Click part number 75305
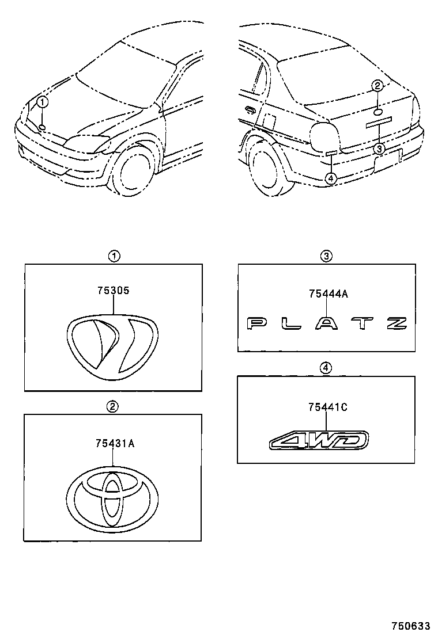tap(113, 291)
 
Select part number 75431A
tap(115, 443)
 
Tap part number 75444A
tap(328, 294)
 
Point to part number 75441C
tap(327, 407)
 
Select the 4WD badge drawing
tap(319, 441)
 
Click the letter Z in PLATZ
tap(397, 323)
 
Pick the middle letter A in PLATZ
tap(327, 323)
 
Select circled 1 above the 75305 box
tap(115, 256)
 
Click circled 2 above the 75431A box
tap(113, 407)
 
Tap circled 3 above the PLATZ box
tap(326, 256)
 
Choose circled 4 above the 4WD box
tap(326, 368)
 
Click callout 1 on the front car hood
tap(43, 103)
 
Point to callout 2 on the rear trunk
tap(377, 86)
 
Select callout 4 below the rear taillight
tap(330, 178)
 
